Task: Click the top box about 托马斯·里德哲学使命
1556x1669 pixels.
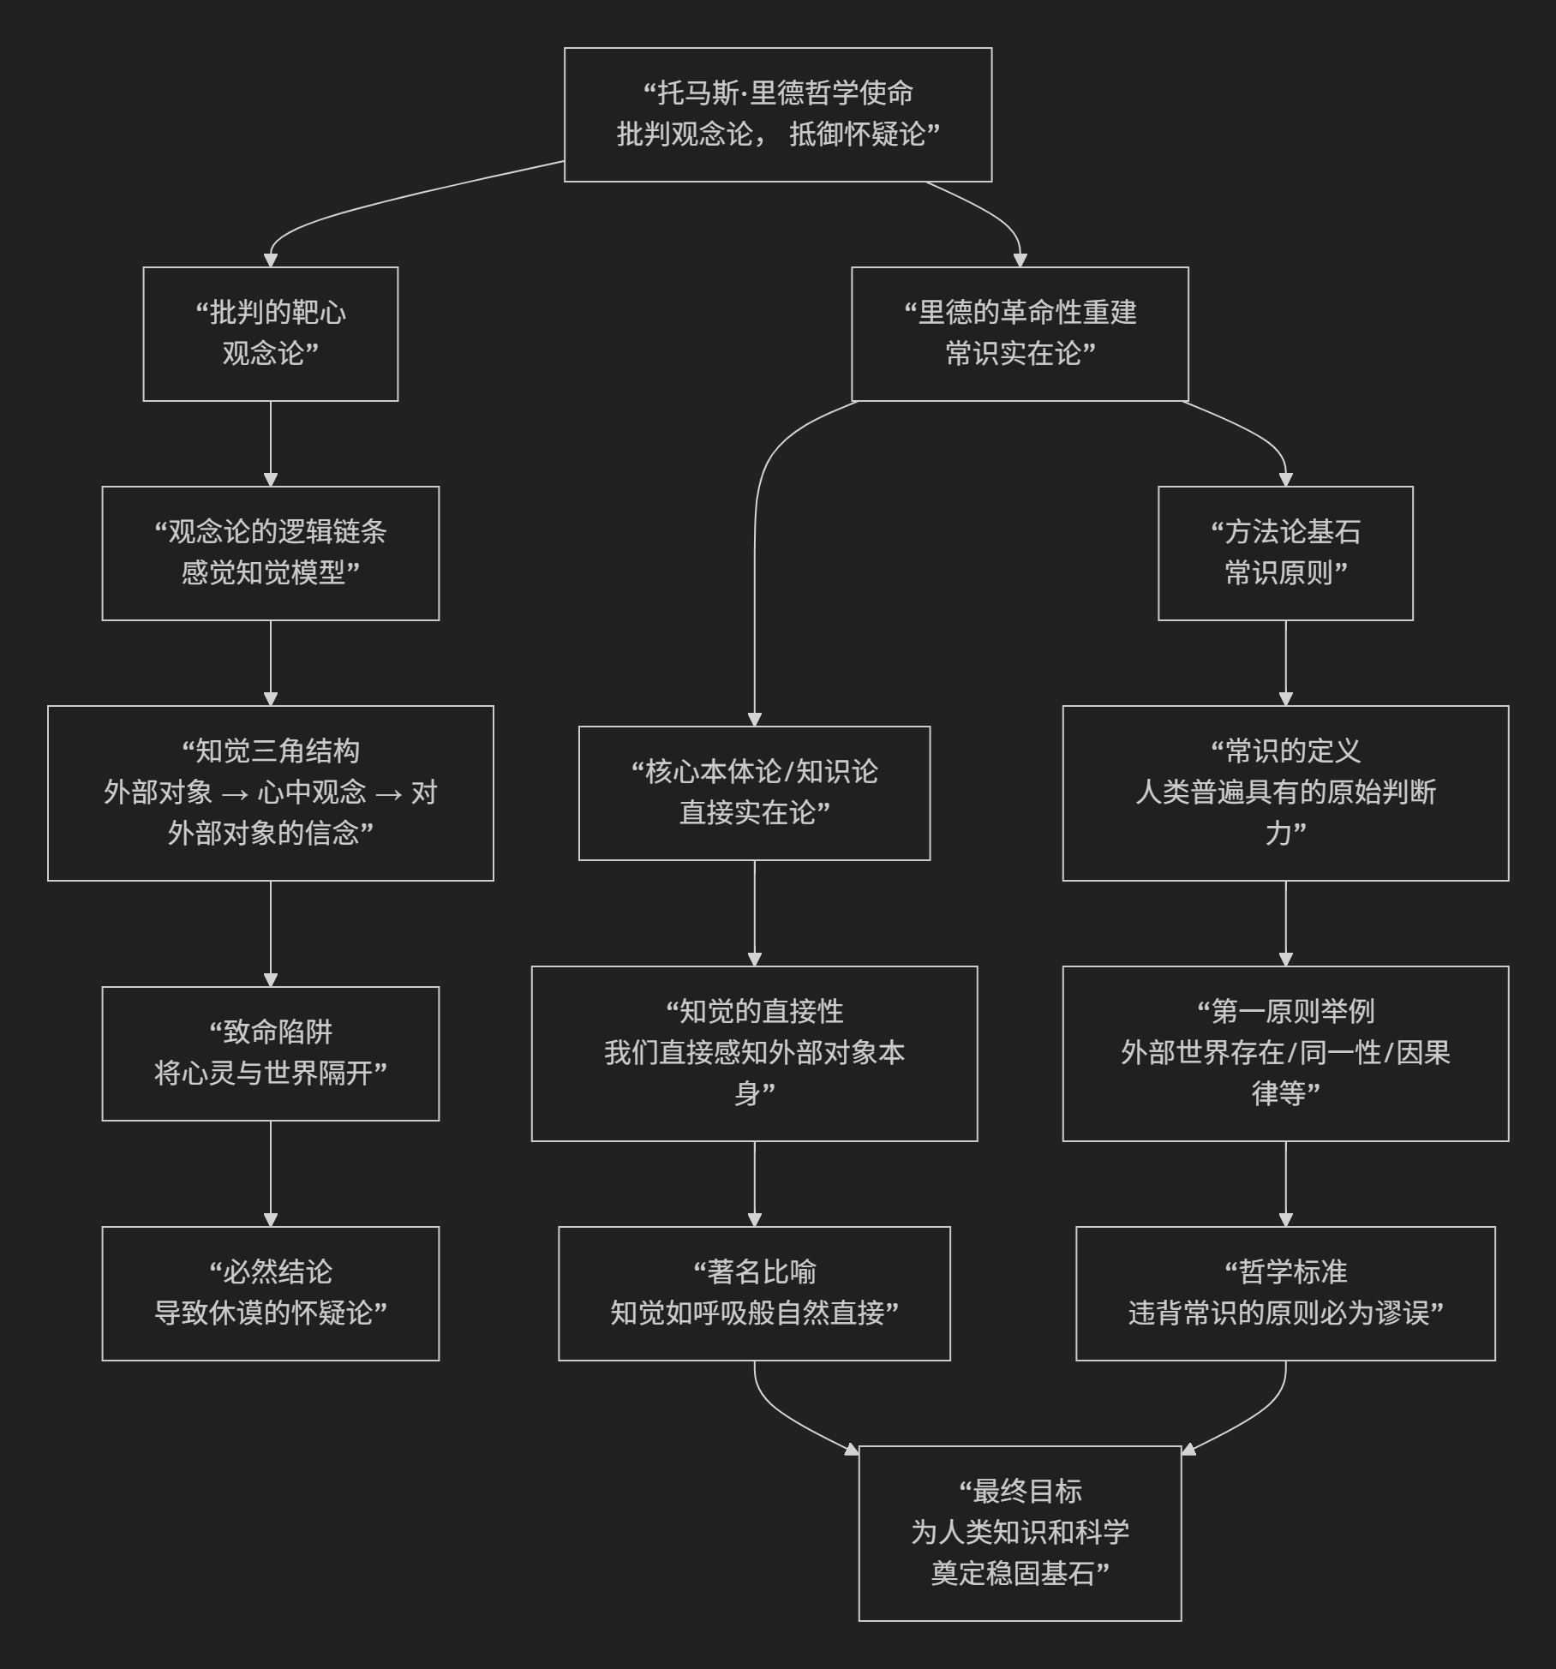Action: (778, 115)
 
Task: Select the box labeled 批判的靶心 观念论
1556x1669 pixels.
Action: (271, 333)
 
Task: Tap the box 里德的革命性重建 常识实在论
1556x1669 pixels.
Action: (1020, 333)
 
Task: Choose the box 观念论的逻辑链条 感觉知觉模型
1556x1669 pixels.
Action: (271, 553)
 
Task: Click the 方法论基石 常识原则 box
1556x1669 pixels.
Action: (1285, 553)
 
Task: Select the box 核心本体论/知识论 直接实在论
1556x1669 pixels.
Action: (754, 793)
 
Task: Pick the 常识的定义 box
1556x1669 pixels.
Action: (1285, 793)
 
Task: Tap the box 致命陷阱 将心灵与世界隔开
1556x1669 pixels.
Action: (271, 1053)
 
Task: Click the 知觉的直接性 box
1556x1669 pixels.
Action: (754, 1053)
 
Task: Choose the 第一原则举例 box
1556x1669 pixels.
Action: (1285, 1053)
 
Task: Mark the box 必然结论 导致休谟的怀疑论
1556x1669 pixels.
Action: (271, 1293)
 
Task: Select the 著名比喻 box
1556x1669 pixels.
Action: (754, 1293)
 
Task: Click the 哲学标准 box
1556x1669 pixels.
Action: (1285, 1293)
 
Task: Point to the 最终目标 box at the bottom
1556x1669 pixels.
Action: (1020, 1533)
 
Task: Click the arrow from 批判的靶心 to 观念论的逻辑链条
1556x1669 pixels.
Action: (271, 443)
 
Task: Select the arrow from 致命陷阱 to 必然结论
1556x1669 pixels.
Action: (271, 1173)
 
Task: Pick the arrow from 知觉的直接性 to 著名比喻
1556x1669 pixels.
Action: (754, 1183)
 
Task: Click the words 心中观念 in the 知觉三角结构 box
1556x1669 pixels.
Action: (312, 793)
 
